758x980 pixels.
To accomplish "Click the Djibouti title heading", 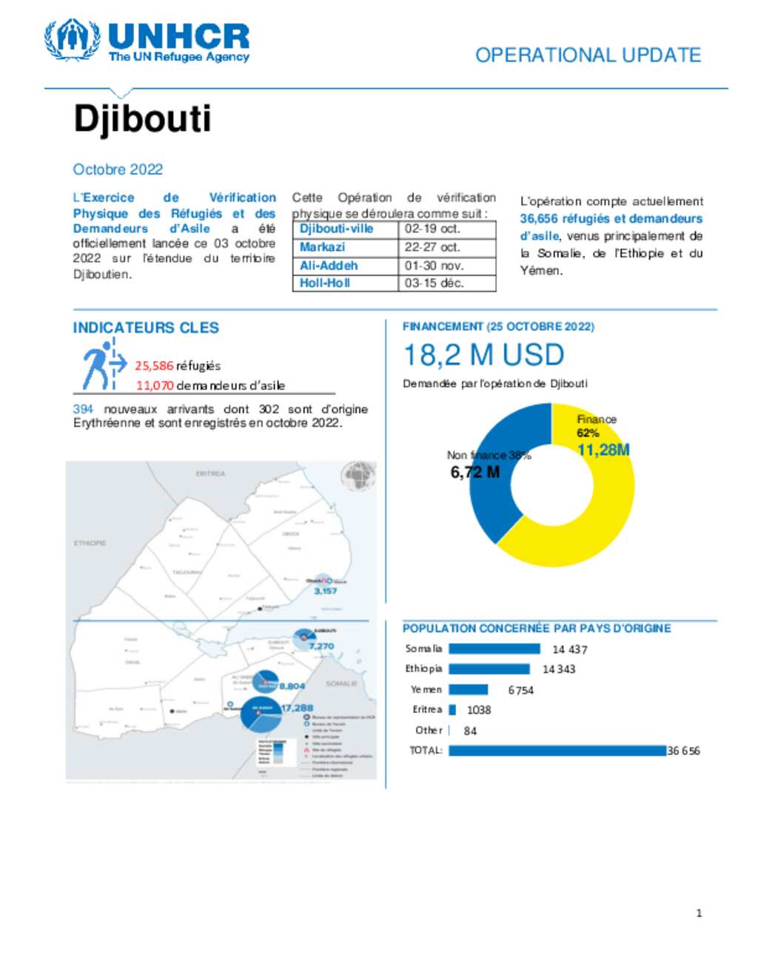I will [142, 118].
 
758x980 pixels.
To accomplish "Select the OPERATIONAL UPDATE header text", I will [588, 55].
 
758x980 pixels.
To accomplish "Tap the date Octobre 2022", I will [118, 169].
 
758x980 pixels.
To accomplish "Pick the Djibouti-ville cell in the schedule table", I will [336, 229].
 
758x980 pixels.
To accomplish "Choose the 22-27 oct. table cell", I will [432, 247].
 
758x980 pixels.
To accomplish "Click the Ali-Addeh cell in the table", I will [329, 266].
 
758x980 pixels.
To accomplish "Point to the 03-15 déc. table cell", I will [434, 283].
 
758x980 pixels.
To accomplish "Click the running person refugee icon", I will [102, 365].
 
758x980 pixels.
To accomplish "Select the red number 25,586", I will [154, 366].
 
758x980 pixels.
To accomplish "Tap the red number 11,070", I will [155, 385].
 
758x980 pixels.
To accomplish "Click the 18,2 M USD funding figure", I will [483, 356].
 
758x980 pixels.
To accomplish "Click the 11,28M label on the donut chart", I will [603, 450].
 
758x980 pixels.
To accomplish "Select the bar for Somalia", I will [494, 649].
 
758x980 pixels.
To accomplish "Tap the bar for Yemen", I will [468, 690].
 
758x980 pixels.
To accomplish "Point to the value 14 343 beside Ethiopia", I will [559, 669].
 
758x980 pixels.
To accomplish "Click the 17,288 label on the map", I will [297, 708].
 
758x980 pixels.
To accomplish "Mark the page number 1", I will [699, 913].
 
